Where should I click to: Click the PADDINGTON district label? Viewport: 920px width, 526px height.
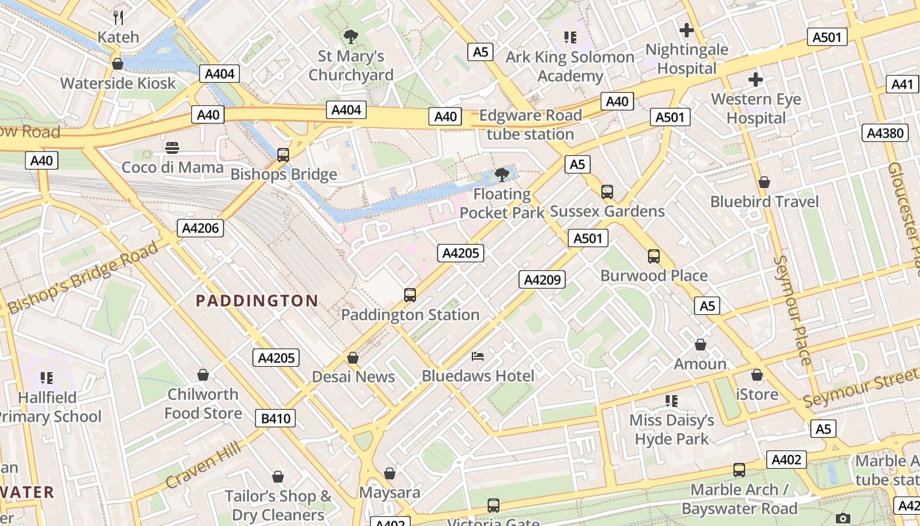pos(257,301)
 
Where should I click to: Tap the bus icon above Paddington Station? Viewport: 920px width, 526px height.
pos(410,295)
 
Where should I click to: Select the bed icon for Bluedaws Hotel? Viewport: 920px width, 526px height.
pos(478,356)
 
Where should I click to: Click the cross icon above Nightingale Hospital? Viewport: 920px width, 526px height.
pos(687,30)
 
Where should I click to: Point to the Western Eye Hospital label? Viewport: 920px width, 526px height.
pos(756,109)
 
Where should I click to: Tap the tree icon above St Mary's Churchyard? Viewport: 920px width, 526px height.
pos(351,37)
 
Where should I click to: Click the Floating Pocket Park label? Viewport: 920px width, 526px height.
pos(502,203)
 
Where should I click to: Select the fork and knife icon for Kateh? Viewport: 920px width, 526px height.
pos(118,17)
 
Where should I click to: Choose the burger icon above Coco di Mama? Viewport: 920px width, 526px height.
pos(172,147)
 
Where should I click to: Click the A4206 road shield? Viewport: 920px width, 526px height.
pos(200,228)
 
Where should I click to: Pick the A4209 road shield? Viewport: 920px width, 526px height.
pos(541,279)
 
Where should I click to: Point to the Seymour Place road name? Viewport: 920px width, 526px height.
pos(793,309)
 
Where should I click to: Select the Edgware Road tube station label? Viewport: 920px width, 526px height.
pos(530,125)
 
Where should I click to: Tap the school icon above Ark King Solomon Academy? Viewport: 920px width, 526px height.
pos(570,37)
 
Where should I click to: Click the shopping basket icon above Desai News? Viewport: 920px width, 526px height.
pos(353,358)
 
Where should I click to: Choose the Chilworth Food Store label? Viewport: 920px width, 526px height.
pos(203,404)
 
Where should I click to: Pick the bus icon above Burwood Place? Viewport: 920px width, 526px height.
pos(653,256)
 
